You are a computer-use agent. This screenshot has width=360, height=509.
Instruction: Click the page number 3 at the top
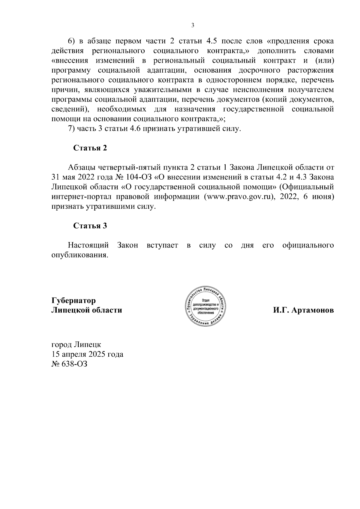pyautogui.click(x=193, y=25)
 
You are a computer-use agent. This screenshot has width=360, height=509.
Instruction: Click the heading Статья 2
pyautogui.click(x=90, y=148)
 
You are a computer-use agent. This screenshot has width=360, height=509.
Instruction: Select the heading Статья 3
pyautogui.click(x=90, y=226)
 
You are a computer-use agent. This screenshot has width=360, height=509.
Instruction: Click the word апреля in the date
pyautogui.click(x=73, y=354)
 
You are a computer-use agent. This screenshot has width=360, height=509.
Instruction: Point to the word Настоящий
pyautogui.click(x=88, y=245)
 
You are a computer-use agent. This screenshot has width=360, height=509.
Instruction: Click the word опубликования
pyautogui.click(x=79, y=255)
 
